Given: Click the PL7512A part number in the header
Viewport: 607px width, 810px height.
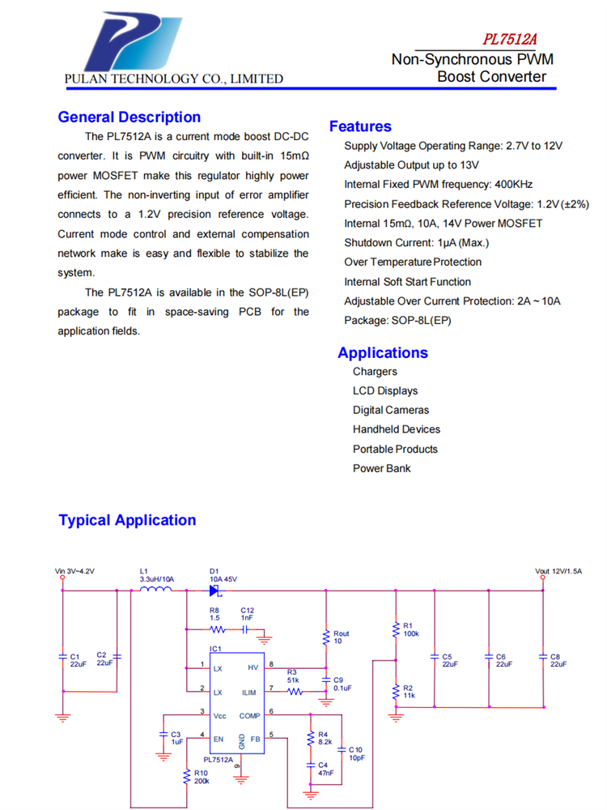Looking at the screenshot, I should [511, 40].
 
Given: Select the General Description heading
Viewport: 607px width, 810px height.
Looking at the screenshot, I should [129, 117].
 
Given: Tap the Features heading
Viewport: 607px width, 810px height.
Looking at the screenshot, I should [360, 126].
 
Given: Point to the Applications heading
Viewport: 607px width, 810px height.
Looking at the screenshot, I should [383, 352].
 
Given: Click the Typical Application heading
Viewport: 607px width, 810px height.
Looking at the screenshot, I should [127, 520].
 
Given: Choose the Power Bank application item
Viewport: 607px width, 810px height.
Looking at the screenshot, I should [381, 468].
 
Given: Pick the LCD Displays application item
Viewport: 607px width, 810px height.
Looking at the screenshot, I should [385, 390].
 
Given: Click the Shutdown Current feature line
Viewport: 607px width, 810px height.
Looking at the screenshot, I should [416, 242].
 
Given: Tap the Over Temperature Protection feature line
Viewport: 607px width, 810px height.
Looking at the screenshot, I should [413, 262].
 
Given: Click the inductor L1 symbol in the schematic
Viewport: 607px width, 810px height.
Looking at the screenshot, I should [155, 590].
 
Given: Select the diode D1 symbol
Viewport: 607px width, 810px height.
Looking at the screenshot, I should [214, 590].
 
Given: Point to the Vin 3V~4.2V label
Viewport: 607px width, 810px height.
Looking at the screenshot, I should [74, 571].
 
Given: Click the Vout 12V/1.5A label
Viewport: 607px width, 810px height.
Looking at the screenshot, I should [558, 571].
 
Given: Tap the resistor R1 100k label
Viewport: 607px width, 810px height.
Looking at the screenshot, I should [410, 629].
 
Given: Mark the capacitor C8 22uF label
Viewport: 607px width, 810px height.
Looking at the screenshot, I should [558, 660].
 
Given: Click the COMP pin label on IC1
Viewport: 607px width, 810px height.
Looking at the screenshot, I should [249, 715].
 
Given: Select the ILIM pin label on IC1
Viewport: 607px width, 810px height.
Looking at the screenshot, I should [249, 693].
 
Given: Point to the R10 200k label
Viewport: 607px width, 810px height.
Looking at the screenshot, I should [202, 777].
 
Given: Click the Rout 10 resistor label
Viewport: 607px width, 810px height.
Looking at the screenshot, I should [342, 637].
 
